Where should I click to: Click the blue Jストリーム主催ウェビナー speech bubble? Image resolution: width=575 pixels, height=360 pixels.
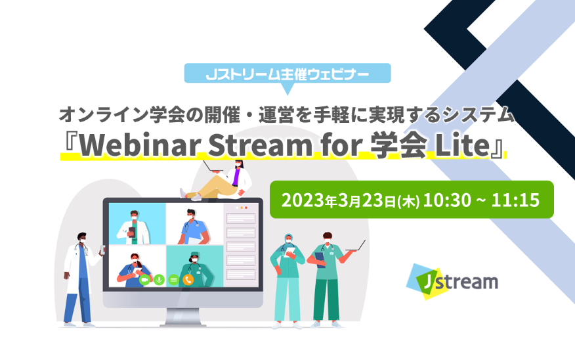pyautogui.click(x=287, y=74)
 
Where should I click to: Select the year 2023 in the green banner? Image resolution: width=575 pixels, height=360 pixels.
pyautogui.click(x=303, y=200)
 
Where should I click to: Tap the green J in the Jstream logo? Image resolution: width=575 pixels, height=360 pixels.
pyautogui.click(x=425, y=282)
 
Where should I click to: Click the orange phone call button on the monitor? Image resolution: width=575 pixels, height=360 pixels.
pyautogui.click(x=188, y=280)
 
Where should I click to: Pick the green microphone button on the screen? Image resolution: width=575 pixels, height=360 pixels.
pyautogui.click(x=159, y=280)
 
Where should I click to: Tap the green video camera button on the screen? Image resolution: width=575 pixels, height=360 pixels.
pyautogui.click(x=144, y=280)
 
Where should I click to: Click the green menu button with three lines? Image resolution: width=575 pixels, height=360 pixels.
pyautogui.click(x=174, y=280)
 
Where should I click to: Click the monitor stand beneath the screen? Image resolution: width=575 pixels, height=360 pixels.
pyautogui.click(x=183, y=317)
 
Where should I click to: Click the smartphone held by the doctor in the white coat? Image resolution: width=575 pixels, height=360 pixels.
pyautogui.click(x=102, y=250)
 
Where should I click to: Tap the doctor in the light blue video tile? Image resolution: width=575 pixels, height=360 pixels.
pyautogui.click(x=133, y=228)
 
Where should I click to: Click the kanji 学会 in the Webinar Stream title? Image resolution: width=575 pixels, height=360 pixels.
pyautogui.click(x=398, y=145)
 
